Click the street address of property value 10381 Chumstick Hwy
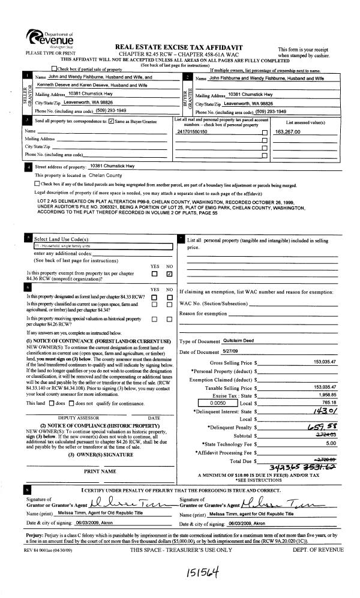point(112,166)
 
